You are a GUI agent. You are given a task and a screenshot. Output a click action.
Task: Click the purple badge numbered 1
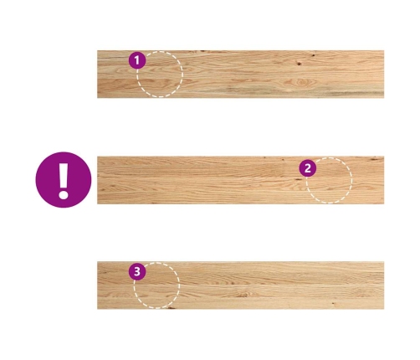pos(137,60)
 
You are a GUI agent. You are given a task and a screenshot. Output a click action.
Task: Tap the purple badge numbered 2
pos(308,168)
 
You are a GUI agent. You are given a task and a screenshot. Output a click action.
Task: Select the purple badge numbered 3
pos(137,271)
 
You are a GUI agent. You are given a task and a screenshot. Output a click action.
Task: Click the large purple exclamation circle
pos(64,180)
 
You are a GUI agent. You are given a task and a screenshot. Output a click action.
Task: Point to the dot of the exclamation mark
pos(64,194)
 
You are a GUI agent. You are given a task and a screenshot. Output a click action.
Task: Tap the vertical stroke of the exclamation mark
pos(64,175)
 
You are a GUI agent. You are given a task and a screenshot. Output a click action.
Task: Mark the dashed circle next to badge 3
pos(156,308)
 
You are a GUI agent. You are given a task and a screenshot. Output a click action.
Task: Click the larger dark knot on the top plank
pos(300,64)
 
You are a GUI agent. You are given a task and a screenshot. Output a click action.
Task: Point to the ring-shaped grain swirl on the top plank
pos(300,82)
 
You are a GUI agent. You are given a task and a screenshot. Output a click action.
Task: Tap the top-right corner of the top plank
pos(384,50)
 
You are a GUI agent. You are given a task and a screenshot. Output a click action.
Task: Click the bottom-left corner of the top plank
pos(97,98)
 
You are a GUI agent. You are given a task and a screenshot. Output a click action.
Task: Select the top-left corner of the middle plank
pos(97,157)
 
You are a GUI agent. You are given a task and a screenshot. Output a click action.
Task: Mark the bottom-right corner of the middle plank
pos(384,204)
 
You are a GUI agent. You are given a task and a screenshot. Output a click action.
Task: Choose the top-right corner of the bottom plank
pos(384,262)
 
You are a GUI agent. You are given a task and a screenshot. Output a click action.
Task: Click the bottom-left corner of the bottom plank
pos(97,309)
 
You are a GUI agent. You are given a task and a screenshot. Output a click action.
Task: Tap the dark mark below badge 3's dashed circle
pos(171,308)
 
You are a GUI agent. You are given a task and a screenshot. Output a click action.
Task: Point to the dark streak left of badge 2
pos(298,179)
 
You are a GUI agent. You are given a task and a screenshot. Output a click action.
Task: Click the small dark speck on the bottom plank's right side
pos(332,303)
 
